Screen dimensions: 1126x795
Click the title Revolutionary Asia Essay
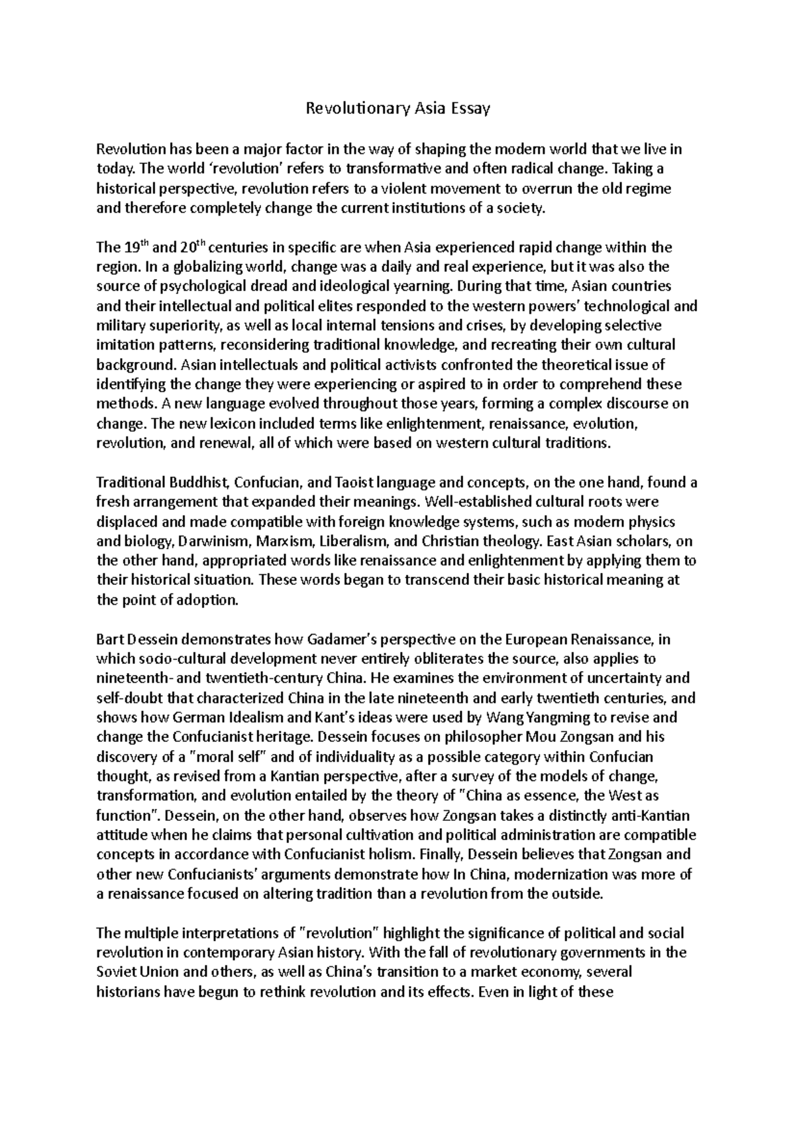[x=397, y=109]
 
